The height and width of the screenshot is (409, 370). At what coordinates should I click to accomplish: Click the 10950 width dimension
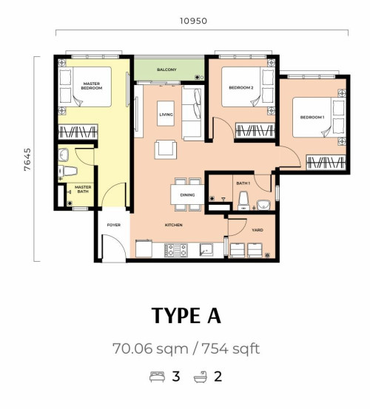click(193, 21)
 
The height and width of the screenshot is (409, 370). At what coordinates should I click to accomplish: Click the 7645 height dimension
click(27, 159)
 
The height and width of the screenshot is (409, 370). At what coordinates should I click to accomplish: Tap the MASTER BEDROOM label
click(92, 86)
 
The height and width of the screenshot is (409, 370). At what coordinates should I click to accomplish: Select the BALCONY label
click(166, 70)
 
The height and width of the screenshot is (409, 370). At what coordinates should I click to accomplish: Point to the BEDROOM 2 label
click(241, 87)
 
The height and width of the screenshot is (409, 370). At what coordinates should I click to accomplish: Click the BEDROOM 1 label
click(312, 118)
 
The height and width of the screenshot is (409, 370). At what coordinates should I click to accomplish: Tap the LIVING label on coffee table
click(166, 115)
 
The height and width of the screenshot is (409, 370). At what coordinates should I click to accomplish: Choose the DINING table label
click(187, 195)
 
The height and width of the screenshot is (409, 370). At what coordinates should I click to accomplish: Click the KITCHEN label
click(173, 225)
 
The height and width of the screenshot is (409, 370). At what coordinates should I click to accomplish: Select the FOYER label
click(114, 225)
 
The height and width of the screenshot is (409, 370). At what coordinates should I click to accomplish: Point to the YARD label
click(258, 230)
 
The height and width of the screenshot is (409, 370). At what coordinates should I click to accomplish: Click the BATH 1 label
click(243, 183)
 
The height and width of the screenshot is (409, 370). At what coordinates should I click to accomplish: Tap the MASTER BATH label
click(83, 189)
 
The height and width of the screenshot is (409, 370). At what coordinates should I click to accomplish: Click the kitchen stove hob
click(176, 250)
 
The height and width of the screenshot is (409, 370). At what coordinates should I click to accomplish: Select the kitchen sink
click(206, 250)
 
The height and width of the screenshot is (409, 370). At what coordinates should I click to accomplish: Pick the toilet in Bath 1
click(243, 201)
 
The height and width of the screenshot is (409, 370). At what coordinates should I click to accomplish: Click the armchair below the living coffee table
click(166, 149)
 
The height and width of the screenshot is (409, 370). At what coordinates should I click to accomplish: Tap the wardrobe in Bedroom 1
click(326, 162)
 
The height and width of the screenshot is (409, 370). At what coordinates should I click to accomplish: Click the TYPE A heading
click(186, 316)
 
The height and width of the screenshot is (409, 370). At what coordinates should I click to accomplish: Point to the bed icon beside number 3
click(157, 376)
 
